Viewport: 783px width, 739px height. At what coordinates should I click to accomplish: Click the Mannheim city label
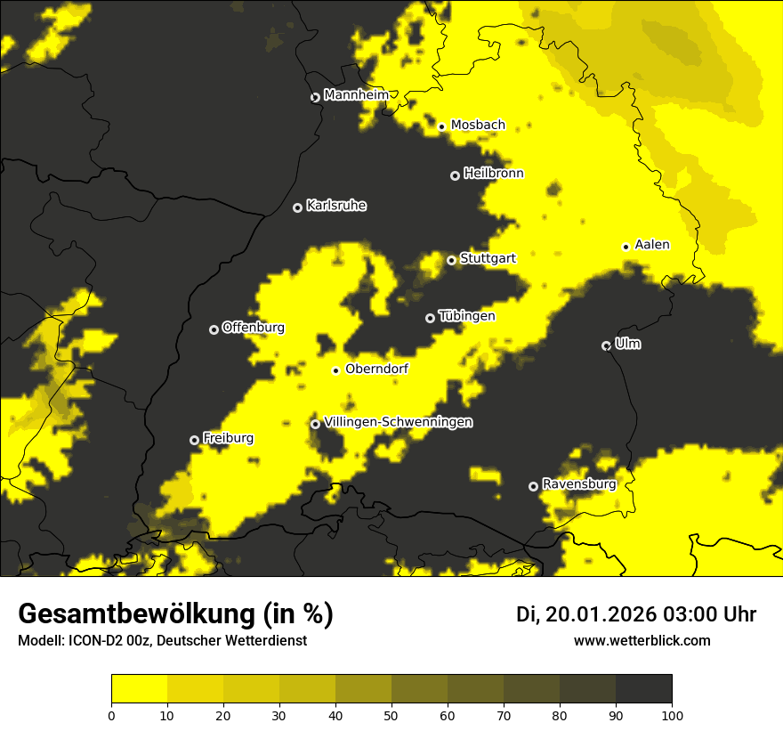point(356,95)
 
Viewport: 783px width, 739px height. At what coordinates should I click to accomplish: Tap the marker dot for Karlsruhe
point(297,207)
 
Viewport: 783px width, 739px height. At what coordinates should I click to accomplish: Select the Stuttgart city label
point(488,259)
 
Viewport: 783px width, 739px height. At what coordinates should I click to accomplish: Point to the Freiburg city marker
point(194,440)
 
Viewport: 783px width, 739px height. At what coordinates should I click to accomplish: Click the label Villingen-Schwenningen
point(398,422)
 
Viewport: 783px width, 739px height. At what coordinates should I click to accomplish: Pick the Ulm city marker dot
point(606,345)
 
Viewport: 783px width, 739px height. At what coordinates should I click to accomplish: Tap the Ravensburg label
point(579,484)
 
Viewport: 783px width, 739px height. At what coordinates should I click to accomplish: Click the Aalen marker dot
point(626,247)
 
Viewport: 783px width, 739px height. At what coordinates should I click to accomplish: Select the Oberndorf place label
point(376,369)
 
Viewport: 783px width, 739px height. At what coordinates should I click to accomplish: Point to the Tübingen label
point(466,316)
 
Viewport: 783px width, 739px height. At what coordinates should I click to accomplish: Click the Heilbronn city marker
point(455,175)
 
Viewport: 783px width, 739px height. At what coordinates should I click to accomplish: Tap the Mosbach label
point(478,126)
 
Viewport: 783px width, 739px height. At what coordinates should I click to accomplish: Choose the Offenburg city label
point(254,328)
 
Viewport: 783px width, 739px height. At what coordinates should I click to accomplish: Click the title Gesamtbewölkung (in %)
point(175,614)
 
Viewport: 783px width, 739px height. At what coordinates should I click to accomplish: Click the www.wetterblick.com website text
point(642,640)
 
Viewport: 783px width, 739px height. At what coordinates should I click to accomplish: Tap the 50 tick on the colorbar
point(391,714)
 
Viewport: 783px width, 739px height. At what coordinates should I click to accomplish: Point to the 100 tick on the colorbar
point(671,714)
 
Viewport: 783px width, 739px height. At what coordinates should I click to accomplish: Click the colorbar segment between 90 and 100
point(643,688)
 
